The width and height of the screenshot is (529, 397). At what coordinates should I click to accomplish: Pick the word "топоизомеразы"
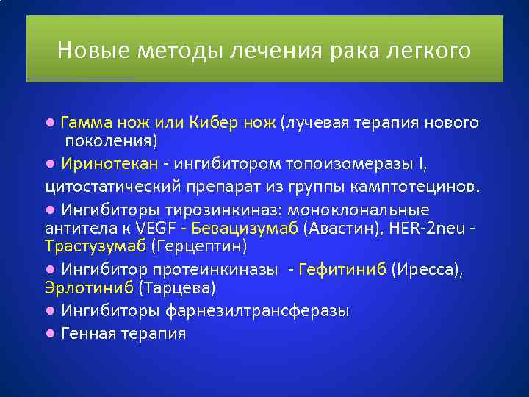(353, 162)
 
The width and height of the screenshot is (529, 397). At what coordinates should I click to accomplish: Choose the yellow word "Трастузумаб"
(96, 246)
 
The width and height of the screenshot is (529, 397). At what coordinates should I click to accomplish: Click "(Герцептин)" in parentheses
(198, 246)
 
